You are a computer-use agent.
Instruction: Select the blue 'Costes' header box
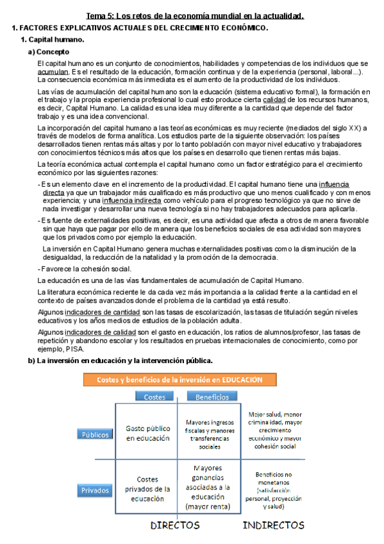[x=154, y=396]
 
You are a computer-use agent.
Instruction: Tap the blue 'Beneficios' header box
[x=212, y=396]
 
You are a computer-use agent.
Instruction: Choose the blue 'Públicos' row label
[x=95, y=434]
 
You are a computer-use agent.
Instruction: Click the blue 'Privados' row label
[x=95, y=491]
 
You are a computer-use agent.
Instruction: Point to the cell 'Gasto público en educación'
[x=147, y=434]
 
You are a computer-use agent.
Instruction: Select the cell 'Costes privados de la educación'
[x=147, y=488]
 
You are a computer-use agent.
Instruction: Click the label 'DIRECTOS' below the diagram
[x=174, y=525]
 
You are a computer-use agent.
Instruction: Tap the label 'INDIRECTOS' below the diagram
[x=273, y=525]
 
